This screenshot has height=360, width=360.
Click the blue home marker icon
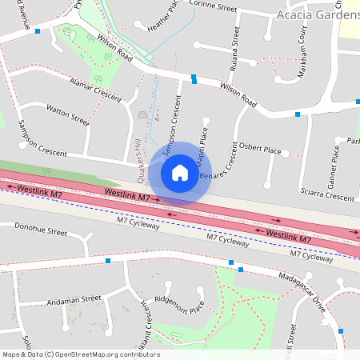(180, 173)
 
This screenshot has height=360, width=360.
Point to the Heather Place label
(162, 18)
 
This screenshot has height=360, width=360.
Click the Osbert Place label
(260, 150)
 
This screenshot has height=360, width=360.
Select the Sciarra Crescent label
(323, 195)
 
